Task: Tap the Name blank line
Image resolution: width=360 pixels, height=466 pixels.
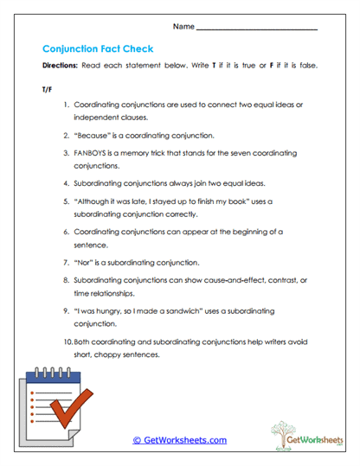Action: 257,30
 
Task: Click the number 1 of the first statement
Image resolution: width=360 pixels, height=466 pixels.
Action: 66,105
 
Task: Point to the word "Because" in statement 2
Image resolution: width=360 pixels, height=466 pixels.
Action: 91,136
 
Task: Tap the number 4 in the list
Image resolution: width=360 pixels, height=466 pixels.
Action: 66,183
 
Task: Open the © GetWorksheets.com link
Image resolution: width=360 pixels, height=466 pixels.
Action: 180,439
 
